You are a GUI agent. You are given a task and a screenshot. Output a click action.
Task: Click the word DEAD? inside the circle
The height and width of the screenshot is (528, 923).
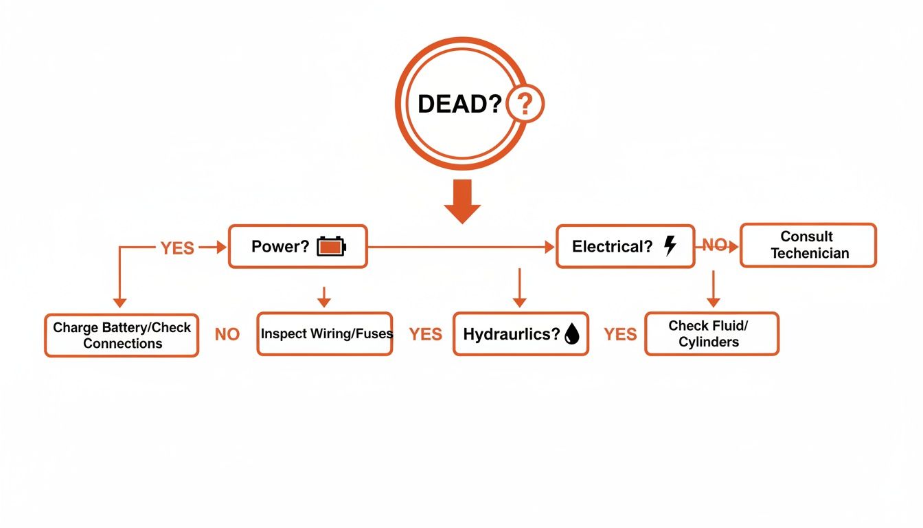pos(459,104)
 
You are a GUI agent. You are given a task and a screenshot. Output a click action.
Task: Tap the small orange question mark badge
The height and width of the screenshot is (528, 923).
pos(524,104)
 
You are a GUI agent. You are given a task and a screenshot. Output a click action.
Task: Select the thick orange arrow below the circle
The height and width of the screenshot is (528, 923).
pos(462,201)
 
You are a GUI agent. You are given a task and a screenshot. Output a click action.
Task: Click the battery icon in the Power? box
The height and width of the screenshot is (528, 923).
pos(332,247)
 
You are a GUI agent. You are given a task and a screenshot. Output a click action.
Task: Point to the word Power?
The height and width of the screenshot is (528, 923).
pos(280,247)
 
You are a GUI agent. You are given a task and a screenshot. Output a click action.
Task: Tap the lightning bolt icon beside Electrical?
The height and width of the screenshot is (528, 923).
pos(670,246)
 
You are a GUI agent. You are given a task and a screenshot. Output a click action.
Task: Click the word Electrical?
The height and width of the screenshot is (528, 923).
pos(612,247)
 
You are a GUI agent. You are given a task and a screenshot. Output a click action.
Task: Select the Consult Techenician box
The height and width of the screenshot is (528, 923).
pos(808,245)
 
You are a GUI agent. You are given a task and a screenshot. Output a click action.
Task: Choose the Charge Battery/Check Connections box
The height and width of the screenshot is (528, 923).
pos(122,335)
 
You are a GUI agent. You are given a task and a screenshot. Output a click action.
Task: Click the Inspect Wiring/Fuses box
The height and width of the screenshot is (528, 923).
pos(325,334)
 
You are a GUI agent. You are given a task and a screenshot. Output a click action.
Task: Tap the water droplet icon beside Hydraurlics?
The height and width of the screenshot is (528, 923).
pos(571,335)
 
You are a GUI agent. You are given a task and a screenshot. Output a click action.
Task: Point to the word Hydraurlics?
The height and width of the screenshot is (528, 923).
pos(512,335)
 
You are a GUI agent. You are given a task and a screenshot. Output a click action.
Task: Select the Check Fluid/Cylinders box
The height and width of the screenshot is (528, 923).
pos(711,333)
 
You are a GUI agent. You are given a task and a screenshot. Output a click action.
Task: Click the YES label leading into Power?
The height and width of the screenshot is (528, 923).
pos(177,248)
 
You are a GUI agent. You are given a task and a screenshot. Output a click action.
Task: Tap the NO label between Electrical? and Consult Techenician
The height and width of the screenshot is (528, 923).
pos(714,245)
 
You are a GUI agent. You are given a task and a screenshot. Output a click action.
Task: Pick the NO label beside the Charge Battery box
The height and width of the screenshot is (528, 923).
pos(227,335)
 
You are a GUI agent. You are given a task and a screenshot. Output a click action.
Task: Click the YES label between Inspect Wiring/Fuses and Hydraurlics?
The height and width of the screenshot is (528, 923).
pos(426,335)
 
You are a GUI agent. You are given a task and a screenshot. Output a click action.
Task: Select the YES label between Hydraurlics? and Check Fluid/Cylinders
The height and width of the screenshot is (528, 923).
pos(620,335)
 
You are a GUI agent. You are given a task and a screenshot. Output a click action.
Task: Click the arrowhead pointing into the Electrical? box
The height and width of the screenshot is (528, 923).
pos(549,247)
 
